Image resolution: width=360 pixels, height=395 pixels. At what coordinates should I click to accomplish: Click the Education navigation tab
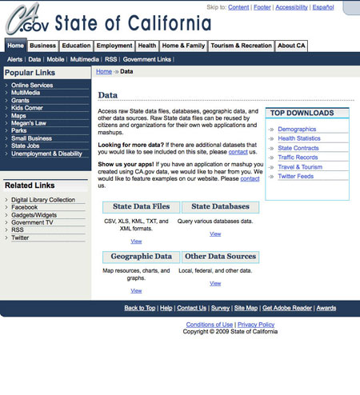coord(77,46)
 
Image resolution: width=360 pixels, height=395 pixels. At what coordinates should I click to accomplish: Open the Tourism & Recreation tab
coord(242,46)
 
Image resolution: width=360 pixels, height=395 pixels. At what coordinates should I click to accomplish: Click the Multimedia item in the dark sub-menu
coord(84,59)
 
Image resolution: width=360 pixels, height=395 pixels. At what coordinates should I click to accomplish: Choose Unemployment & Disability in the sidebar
coord(46,154)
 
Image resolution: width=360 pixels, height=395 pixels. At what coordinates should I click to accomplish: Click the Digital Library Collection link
coord(43,199)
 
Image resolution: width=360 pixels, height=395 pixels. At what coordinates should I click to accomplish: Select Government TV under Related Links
coord(33,222)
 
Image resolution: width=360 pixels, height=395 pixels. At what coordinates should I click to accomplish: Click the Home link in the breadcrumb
coord(103,72)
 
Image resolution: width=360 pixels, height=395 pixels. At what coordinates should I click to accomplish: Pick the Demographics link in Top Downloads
coord(297,129)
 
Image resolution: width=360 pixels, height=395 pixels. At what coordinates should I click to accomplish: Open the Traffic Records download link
coord(298,158)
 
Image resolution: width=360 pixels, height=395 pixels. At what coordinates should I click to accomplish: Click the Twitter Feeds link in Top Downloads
coord(296,176)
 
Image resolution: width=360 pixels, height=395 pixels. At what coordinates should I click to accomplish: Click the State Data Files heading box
coord(141,207)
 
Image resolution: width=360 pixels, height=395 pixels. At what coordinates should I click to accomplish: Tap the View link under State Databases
coord(215,233)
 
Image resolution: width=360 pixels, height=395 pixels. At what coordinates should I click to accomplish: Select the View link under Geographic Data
coord(136,290)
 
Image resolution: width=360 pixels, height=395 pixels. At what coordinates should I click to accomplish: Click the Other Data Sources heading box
coord(220,257)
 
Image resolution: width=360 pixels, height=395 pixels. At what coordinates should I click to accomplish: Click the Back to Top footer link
coord(140,308)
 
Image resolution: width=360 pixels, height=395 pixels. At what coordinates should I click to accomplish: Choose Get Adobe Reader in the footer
coord(287,308)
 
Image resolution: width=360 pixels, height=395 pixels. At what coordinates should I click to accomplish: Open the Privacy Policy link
coord(256,325)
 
